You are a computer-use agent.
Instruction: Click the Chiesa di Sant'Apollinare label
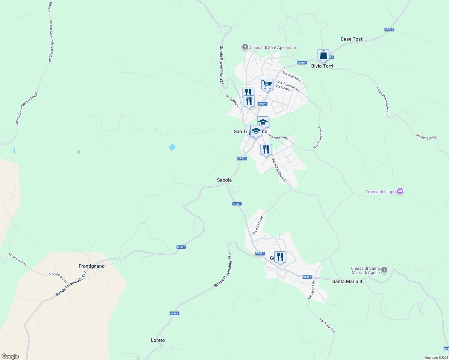click(x=273, y=47)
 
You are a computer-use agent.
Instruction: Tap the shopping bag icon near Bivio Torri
click(x=323, y=55)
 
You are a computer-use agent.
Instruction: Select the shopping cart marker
click(x=267, y=85)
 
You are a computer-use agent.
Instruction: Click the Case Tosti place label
click(x=352, y=39)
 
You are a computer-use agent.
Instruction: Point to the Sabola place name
click(x=224, y=180)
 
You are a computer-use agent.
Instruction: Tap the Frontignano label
click(x=92, y=266)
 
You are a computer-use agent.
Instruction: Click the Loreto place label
click(x=158, y=340)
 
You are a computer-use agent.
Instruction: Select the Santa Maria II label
click(x=347, y=281)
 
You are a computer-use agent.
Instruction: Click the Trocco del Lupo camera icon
click(x=400, y=191)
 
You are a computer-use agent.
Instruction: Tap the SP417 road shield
click(x=181, y=247)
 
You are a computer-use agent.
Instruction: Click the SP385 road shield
click(x=174, y=313)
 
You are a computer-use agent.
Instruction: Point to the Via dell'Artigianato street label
click(x=279, y=170)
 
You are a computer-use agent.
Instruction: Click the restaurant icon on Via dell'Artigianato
click(x=266, y=149)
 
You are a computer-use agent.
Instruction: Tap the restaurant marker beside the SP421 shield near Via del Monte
click(x=280, y=257)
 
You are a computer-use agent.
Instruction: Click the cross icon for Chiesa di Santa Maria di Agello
click(x=384, y=270)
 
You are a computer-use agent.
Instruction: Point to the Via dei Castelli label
click(x=426, y=137)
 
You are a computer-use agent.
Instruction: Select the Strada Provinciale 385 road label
click(x=223, y=270)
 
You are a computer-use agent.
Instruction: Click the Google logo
click(x=10, y=356)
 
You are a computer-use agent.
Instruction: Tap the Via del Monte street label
click(x=258, y=225)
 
